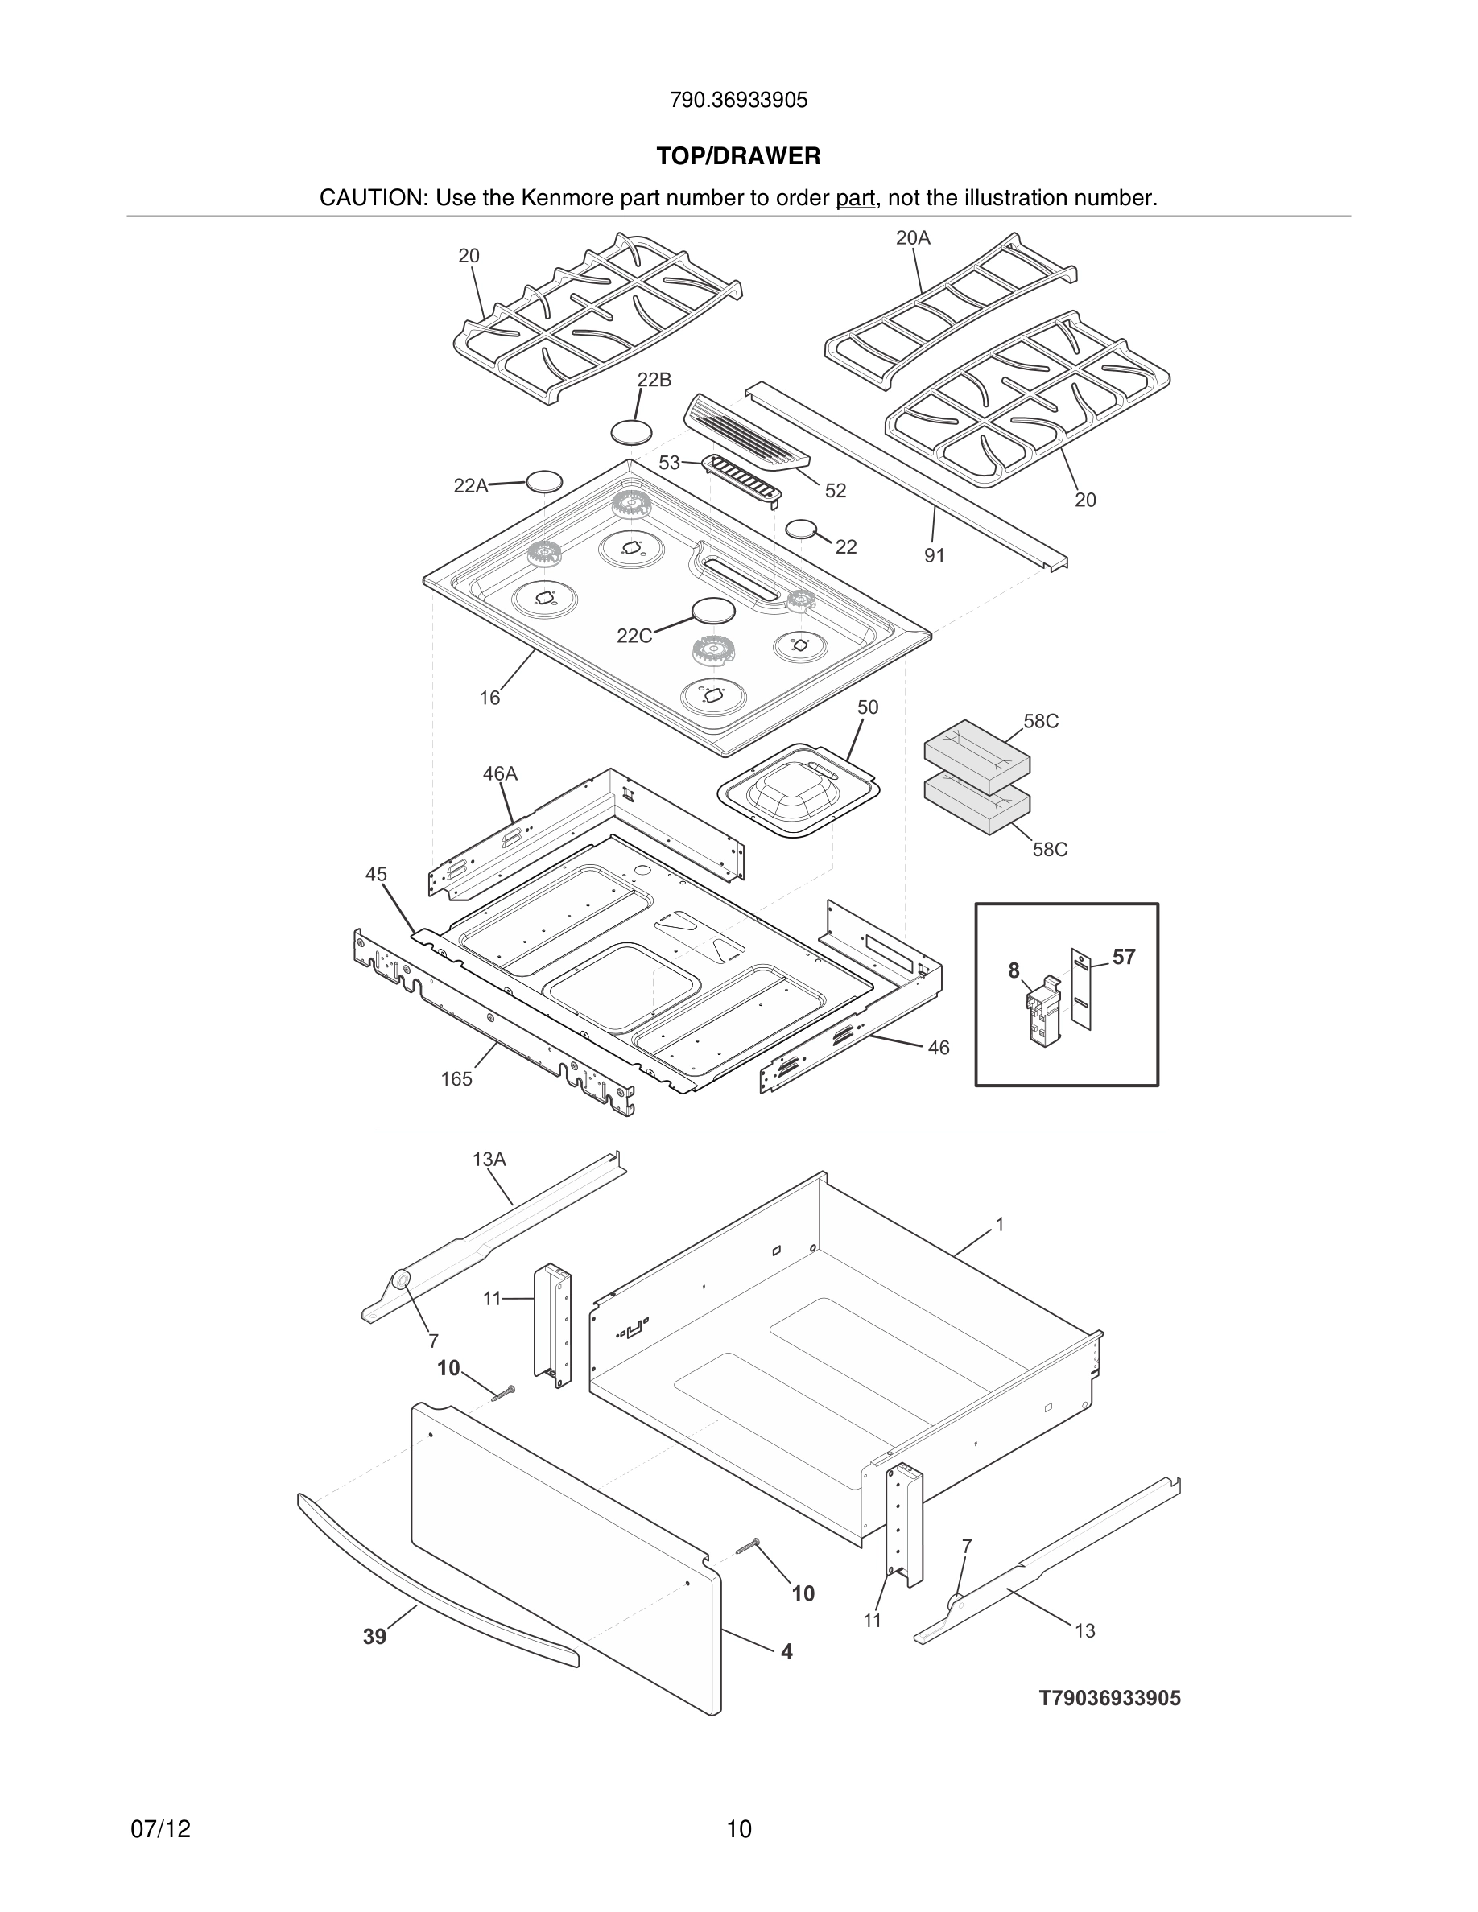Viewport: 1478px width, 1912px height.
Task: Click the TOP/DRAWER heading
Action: [738, 157]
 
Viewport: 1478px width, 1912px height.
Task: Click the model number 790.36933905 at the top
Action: [738, 101]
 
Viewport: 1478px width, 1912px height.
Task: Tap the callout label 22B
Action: [654, 380]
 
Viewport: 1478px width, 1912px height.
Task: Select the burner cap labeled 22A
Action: [543, 480]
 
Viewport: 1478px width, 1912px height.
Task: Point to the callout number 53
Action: [669, 464]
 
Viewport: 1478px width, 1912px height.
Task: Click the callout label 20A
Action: [912, 238]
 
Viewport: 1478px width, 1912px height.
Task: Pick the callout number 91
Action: [935, 556]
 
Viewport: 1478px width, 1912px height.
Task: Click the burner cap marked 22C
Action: [712, 610]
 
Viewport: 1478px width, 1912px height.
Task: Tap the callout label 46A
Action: [500, 774]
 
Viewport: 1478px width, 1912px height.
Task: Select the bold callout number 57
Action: [1123, 958]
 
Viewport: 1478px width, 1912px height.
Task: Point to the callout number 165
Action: [456, 1079]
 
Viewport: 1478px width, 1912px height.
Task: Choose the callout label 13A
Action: [489, 1160]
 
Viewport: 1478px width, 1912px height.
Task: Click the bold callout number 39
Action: [375, 1637]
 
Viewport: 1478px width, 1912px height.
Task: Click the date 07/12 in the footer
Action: [160, 1830]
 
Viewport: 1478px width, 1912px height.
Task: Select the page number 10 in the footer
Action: [739, 1830]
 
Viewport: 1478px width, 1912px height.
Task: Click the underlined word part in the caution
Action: [855, 199]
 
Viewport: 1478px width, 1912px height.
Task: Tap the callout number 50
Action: [867, 707]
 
